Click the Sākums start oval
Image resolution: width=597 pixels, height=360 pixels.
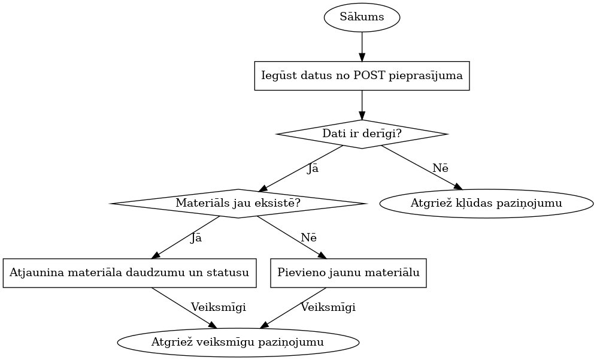[x=362, y=17]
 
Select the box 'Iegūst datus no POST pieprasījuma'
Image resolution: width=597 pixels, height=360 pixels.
[x=362, y=75]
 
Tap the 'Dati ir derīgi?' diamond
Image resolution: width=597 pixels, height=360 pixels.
[x=362, y=134]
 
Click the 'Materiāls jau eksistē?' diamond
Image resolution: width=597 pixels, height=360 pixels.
[x=238, y=204]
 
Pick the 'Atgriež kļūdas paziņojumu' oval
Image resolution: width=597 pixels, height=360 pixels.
[x=486, y=204]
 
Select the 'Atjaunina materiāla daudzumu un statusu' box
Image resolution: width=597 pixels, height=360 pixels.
[x=129, y=273]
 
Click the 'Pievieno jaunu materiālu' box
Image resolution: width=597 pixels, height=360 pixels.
[x=348, y=273]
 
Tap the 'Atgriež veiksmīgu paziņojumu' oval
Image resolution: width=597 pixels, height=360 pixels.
[x=238, y=343]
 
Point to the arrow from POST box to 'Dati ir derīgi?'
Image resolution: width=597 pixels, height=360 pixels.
[x=362, y=105]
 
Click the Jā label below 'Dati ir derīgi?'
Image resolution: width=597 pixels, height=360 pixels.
[x=313, y=169]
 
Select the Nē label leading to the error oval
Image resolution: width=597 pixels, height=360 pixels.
[x=441, y=168]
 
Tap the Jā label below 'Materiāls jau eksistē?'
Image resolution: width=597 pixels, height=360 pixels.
[x=196, y=238]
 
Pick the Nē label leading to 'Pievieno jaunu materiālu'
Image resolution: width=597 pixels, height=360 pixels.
[x=308, y=238]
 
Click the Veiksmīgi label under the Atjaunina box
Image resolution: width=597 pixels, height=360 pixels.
[x=218, y=307]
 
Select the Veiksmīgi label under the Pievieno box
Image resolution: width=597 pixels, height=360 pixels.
[x=328, y=307]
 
